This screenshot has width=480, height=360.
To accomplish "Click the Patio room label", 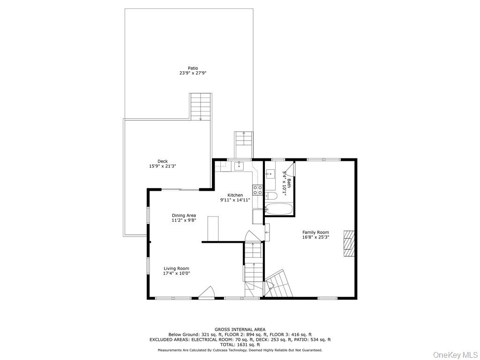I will tap(193, 68).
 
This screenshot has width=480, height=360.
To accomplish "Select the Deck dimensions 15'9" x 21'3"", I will tap(162, 166).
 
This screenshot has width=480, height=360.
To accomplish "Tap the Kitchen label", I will tap(235, 195).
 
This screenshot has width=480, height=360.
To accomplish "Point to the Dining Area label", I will tap(184, 216).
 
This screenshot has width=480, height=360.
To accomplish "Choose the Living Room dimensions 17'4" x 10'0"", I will tap(176, 273).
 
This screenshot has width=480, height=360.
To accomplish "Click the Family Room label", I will tap(315, 232).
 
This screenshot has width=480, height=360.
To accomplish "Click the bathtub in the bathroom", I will tap(279, 209).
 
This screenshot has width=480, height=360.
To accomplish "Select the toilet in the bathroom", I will tap(270, 196).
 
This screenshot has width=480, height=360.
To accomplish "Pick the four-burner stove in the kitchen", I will tap(258, 190).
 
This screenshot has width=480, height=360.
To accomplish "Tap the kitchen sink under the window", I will tap(239, 165).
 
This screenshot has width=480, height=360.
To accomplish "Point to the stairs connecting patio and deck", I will tap(201, 106).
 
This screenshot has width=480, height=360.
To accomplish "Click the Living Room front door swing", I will tap(206, 292).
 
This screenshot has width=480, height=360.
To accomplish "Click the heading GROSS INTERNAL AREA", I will tap(240, 330).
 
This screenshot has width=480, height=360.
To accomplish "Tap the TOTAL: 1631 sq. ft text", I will tap(240, 345).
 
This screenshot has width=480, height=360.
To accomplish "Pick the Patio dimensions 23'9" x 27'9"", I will tap(193, 74).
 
